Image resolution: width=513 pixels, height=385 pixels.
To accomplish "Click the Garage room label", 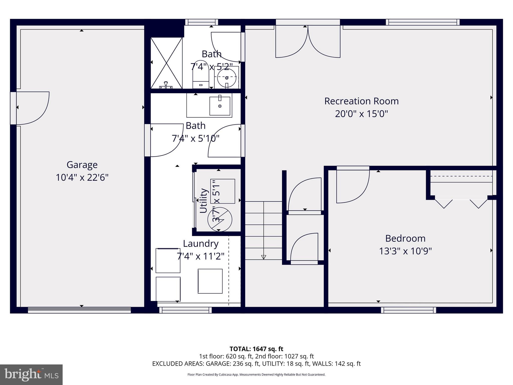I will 82,165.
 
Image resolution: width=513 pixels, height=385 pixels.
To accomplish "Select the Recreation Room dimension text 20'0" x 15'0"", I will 361,114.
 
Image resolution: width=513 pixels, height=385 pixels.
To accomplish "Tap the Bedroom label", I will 405,238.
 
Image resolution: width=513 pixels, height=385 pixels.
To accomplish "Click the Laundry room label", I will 200,244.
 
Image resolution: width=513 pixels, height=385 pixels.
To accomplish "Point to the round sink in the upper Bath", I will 227,78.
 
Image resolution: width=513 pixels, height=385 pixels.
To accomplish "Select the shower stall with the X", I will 166,63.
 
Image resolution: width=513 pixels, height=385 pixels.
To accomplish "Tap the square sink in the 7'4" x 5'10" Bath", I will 220,106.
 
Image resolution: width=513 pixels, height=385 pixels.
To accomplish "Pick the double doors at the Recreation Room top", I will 308,41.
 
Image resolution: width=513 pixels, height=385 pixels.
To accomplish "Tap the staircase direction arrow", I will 264,257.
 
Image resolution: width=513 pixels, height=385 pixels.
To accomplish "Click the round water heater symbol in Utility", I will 220,220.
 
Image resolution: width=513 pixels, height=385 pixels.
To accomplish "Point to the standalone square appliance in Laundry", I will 210,281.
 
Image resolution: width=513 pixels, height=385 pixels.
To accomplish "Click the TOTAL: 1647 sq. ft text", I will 256,349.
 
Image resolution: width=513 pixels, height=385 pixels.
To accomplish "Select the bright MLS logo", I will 31,374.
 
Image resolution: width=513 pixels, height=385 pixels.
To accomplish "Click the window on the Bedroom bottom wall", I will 408,310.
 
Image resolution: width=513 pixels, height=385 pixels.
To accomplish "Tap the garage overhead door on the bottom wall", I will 79,310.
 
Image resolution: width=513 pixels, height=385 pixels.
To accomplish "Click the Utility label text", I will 203,201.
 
